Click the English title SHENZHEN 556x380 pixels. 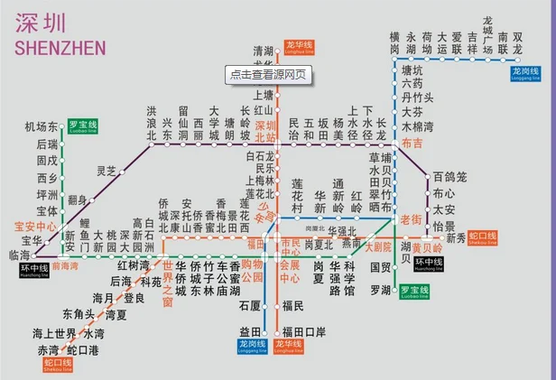click(x=60, y=46)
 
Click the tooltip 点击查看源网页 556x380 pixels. click(x=269, y=75)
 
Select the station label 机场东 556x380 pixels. click(x=42, y=127)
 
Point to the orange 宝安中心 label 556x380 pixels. click(x=35, y=226)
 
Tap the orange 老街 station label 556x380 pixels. click(x=411, y=218)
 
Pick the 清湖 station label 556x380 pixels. click(x=263, y=51)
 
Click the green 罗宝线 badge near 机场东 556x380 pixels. click(x=84, y=127)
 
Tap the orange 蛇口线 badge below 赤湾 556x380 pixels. click(x=57, y=365)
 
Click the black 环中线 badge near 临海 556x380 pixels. click(x=34, y=268)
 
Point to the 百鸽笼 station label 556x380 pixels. click(x=449, y=176)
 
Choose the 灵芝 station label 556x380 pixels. click(x=107, y=171)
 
